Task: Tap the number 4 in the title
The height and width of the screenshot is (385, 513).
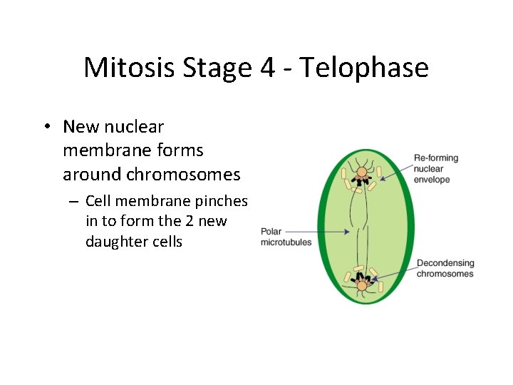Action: point(264,68)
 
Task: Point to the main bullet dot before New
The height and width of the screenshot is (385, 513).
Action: point(45,128)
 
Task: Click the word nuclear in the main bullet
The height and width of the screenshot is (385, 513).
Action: point(134,127)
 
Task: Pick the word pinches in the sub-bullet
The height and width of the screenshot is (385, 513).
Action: point(222,201)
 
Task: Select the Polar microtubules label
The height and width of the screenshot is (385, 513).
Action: point(286,237)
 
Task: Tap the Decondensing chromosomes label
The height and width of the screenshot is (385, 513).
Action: point(445,269)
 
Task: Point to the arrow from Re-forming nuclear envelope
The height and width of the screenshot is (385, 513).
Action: point(395,169)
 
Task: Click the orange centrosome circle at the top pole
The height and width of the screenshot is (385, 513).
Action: point(362,172)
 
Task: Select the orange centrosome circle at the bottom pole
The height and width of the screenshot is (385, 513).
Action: point(362,286)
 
